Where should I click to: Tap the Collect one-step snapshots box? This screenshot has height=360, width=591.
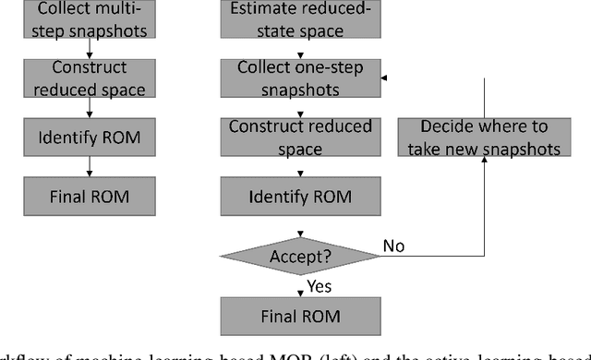pos(299,78)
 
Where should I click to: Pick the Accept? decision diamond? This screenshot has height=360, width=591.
pos(299,253)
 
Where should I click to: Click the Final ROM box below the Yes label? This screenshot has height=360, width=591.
pos(299,317)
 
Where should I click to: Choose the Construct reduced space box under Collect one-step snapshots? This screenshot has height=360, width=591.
pos(299,137)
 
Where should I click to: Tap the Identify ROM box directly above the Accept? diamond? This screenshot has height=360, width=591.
pos(299,197)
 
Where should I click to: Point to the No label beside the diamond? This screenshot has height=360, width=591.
pos(393,246)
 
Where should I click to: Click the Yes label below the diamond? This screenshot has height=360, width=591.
pos(320,286)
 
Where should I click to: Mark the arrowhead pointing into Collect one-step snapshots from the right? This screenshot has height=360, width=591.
pos(384,78)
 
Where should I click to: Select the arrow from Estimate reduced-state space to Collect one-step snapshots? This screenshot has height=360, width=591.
pos(299,48)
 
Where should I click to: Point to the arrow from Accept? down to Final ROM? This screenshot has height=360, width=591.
pos(299,285)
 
